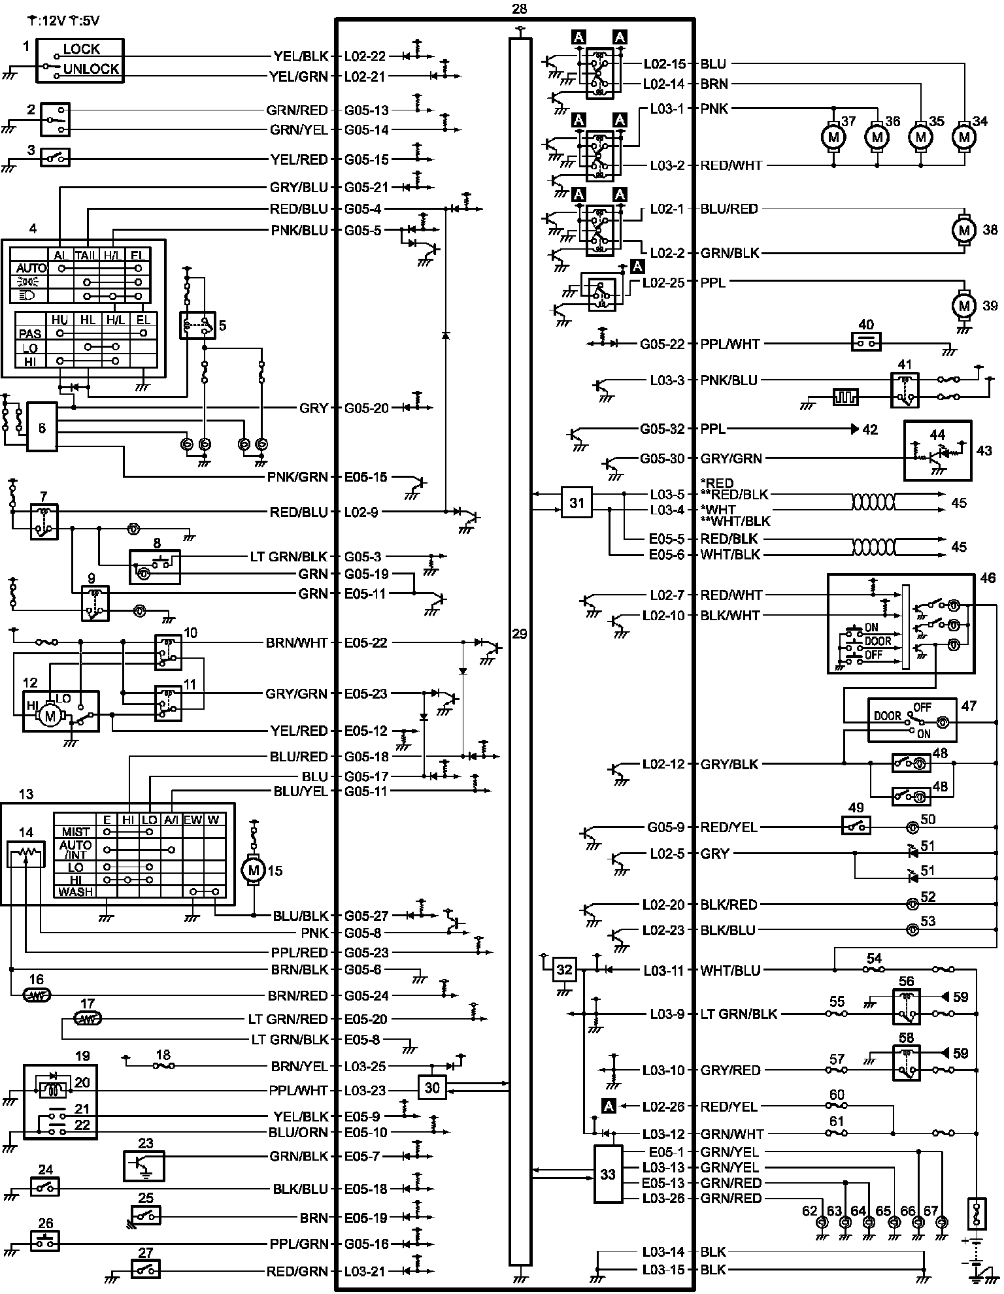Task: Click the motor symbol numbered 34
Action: tap(963, 137)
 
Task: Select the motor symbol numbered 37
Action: tap(833, 137)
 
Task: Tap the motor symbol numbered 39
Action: tap(963, 305)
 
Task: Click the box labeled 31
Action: tap(577, 503)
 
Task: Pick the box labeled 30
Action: tap(432, 1088)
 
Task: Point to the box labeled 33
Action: tap(608, 1174)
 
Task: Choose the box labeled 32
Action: tap(564, 970)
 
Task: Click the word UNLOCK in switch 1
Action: tap(92, 69)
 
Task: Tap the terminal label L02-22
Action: tap(365, 56)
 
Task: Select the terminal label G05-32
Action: tap(662, 429)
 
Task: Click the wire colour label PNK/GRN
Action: tap(297, 478)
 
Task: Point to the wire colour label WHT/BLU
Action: tap(730, 970)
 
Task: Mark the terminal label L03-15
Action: tap(663, 1270)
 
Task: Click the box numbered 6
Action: tap(42, 428)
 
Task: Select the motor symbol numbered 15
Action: tap(254, 870)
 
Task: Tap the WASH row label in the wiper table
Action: tap(75, 892)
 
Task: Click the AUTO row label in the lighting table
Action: tap(31, 268)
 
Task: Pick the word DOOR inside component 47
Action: tap(888, 716)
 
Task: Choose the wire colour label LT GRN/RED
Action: tap(288, 1019)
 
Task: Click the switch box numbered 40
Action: tap(866, 342)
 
